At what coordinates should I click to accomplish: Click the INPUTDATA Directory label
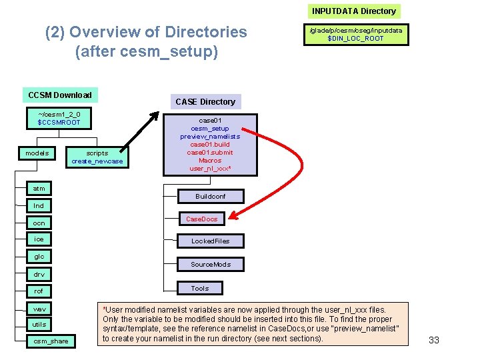coord(354,11)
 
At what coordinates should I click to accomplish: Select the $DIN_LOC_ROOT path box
coord(355,34)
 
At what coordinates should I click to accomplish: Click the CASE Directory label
coord(205,101)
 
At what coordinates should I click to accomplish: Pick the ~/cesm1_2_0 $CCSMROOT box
coord(59,118)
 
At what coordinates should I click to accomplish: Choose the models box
coord(37,153)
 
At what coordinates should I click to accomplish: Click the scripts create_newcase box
coord(97,157)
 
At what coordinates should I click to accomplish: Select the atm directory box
coord(39,189)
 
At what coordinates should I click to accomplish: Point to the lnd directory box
coord(39,206)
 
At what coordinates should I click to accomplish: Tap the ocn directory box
coord(39,223)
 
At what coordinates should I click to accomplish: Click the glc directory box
coord(39,256)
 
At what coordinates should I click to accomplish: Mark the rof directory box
coord(39,291)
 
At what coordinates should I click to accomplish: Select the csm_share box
coord(51,341)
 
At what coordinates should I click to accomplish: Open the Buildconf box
coord(210,197)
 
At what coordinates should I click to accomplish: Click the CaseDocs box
coord(201,219)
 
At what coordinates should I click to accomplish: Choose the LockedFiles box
coord(210,241)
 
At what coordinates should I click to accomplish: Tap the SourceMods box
coord(210,265)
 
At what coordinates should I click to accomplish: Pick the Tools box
coord(199,288)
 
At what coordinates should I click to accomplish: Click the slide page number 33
coord(434,340)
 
